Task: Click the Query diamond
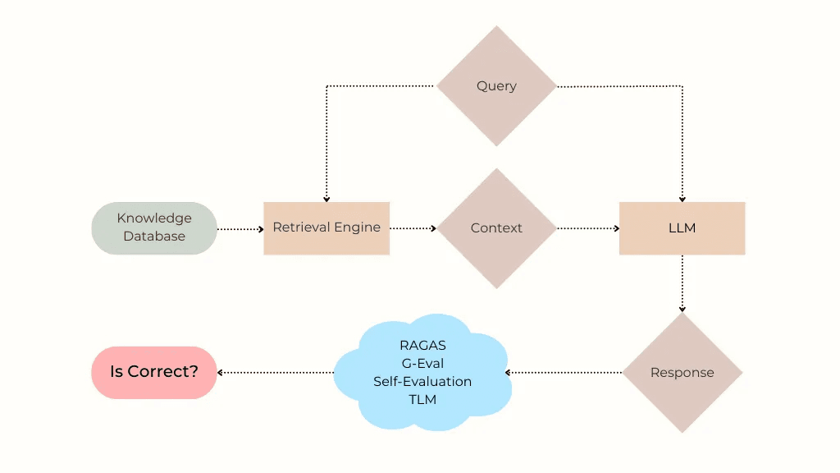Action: pos(496,86)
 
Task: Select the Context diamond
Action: pos(496,228)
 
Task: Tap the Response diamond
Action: pos(682,373)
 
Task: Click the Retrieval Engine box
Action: pos(326,227)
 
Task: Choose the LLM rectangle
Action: pos(682,227)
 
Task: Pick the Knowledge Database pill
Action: pos(154,227)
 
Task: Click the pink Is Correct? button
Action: pos(154,372)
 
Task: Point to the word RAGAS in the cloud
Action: pos(422,346)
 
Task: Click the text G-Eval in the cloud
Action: pos(422,364)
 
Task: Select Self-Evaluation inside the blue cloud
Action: pos(422,382)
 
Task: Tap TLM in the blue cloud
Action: pos(422,400)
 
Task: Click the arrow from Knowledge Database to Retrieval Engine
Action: pos(240,229)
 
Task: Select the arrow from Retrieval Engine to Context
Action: pos(413,228)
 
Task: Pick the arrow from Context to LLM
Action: pos(588,228)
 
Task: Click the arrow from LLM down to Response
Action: pos(682,283)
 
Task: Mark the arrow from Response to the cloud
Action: pos(564,373)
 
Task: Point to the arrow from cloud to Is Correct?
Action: pos(276,373)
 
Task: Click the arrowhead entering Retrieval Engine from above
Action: pos(326,198)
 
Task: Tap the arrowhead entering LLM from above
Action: pos(682,198)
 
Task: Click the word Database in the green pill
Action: pos(154,236)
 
